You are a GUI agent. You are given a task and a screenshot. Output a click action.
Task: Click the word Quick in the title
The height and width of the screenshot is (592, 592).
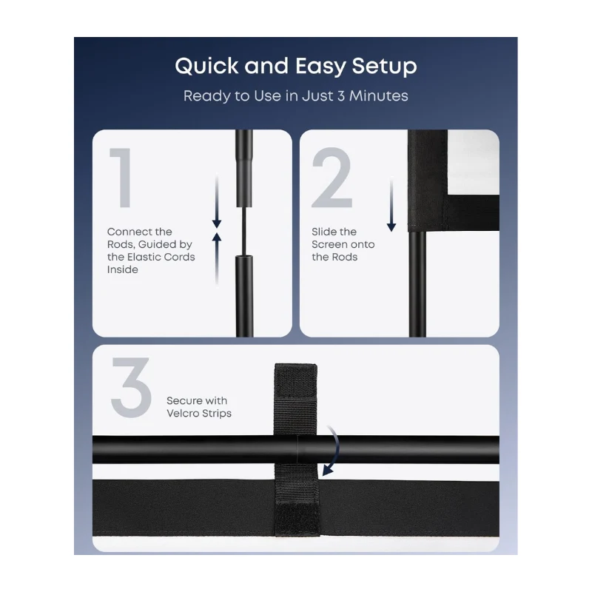[x=206, y=66]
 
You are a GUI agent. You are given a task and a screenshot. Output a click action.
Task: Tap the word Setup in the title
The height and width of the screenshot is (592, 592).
[x=384, y=67]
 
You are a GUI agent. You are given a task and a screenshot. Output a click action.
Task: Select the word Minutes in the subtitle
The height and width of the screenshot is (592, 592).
[x=378, y=96]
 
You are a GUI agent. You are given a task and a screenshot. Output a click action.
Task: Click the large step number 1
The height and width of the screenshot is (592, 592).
[x=121, y=178]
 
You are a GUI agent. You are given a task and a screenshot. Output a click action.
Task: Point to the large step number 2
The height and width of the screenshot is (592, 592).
[x=332, y=178]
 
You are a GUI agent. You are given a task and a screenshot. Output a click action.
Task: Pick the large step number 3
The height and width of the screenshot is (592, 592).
[x=131, y=387]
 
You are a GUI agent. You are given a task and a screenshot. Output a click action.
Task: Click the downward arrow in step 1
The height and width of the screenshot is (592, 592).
[x=217, y=201]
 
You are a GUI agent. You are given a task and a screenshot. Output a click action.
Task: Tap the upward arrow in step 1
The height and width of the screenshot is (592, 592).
[x=217, y=258]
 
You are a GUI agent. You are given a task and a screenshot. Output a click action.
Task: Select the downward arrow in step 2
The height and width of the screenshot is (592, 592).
[x=391, y=204]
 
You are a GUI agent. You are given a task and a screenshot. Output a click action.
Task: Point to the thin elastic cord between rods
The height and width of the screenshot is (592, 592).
[x=244, y=231]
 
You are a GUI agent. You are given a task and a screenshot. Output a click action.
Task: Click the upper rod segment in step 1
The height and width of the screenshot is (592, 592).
[x=244, y=169]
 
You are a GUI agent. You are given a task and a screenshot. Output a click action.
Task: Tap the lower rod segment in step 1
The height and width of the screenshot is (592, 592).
[x=244, y=296]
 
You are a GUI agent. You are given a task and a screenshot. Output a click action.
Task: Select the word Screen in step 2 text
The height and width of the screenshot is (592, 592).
[x=329, y=244]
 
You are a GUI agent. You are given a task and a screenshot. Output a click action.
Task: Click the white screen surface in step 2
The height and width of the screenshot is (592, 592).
[x=473, y=162]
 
